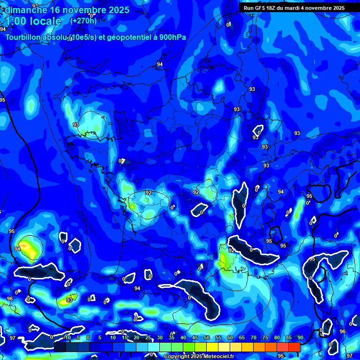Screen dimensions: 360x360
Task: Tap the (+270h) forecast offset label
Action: tap(83, 21)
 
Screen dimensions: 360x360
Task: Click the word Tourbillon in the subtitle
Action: tap(23, 37)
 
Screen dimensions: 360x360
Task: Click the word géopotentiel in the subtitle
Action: tap(128, 37)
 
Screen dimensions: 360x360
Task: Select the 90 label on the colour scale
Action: tap(300, 337)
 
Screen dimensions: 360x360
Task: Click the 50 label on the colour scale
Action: tap(206, 337)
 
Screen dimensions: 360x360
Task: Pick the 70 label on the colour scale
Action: tap(253, 337)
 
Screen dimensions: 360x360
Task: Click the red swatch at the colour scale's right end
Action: tap(294, 347)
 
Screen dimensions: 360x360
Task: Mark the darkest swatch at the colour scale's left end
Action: tap(60, 347)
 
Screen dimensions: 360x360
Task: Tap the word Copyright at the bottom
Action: tap(177, 357)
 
